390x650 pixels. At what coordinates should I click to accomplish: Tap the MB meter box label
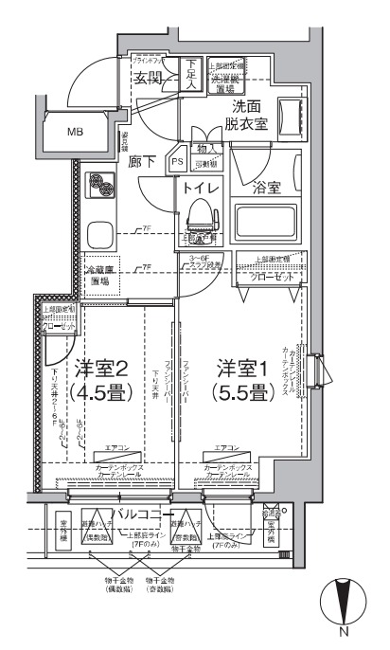pyautogui.click(x=73, y=131)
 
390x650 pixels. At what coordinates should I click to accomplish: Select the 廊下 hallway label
pyautogui.click(x=143, y=161)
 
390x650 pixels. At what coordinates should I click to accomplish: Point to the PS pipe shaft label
pyautogui.click(x=177, y=162)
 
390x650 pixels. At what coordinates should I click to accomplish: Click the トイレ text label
pyautogui.click(x=201, y=188)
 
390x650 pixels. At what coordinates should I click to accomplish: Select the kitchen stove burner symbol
pyautogui.click(x=98, y=185)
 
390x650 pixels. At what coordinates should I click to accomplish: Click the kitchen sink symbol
pyautogui.click(x=98, y=233)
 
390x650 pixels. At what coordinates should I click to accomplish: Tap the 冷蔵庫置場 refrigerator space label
pyautogui.click(x=102, y=276)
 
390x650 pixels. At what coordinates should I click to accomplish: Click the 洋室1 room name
pyautogui.click(x=240, y=367)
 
